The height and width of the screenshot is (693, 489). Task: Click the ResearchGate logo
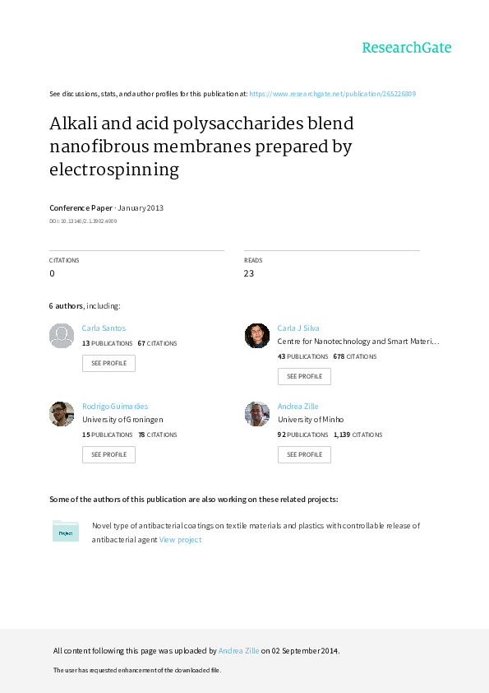point(407,47)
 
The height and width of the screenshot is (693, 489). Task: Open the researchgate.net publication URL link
point(332,94)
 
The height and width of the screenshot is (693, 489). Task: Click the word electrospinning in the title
point(114,170)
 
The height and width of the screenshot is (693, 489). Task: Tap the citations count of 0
point(52,273)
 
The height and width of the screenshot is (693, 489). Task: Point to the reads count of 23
point(249,273)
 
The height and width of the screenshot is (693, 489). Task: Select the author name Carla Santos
point(104,328)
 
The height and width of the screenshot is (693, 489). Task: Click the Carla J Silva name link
point(298,328)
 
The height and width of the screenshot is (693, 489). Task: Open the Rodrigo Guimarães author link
point(115,406)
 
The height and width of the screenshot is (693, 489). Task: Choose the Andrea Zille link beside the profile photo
point(298,406)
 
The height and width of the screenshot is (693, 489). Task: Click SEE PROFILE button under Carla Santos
point(108,363)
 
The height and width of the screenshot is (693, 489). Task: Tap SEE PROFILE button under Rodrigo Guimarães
point(108,454)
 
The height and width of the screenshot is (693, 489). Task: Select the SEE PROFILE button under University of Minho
point(304,454)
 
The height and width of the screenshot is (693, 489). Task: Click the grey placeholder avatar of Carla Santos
point(62,336)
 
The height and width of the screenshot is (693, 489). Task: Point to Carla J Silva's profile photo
point(257,336)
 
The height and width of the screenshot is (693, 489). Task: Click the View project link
point(180,540)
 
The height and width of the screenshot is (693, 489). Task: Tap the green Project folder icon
point(65,531)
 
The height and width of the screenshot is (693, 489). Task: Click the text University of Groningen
point(122,420)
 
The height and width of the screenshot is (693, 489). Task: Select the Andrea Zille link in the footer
point(239,650)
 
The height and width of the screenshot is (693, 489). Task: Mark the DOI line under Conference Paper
point(83,221)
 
